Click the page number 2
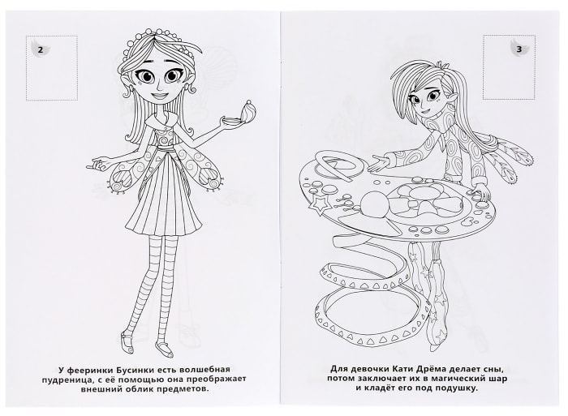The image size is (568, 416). [41, 50]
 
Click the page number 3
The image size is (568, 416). [519, 49]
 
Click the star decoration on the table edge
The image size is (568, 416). [317, 207]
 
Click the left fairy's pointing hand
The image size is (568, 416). [99, 162]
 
